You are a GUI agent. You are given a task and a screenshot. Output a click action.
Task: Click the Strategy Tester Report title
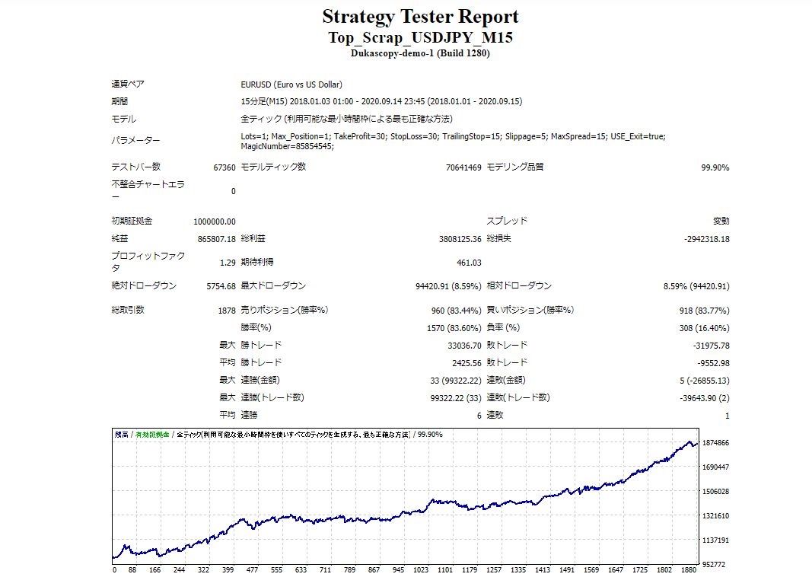420,17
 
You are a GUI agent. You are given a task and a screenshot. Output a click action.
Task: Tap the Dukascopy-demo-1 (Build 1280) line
420,54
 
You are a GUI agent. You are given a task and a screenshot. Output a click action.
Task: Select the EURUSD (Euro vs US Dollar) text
291,84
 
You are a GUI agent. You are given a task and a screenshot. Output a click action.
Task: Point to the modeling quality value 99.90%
715,167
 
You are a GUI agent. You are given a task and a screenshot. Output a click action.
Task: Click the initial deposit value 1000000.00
215,222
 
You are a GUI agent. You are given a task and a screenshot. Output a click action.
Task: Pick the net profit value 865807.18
216,239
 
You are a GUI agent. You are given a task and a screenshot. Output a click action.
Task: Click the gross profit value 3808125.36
454,239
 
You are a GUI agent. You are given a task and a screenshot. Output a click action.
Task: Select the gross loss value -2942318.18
706,239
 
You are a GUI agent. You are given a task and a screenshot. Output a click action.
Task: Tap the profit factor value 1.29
227,263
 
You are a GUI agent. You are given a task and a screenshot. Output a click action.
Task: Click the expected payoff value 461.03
468,263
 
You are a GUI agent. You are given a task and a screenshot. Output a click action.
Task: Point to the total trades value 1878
226,311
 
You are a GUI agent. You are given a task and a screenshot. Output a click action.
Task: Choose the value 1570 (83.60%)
454,328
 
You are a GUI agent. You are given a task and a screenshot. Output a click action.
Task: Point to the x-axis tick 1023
421,570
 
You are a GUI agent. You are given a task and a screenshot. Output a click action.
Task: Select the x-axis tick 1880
689,570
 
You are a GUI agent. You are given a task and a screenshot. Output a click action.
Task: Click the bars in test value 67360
224,167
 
